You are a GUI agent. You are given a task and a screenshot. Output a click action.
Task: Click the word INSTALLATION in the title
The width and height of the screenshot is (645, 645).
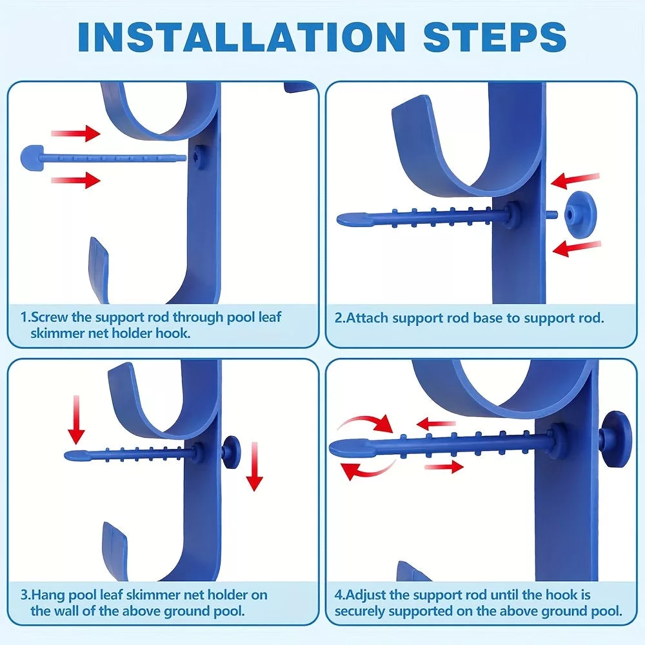click(x=241, y=37)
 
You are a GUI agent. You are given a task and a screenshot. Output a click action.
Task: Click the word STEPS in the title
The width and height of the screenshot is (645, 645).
click(x=495, y=37)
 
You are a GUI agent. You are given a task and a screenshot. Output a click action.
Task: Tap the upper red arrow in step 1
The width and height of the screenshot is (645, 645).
click(x=75, y=134)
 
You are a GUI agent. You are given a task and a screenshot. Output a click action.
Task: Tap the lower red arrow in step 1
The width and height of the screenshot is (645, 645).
click(x=75, y=180)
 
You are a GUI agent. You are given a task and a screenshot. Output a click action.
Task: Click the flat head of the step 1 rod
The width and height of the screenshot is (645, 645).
click(x=32, y=157)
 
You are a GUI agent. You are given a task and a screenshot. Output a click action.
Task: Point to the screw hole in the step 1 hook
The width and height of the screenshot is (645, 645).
click(x=200, y=156)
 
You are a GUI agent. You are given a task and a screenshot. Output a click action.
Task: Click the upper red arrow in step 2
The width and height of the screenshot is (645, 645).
click(x=575, y=181)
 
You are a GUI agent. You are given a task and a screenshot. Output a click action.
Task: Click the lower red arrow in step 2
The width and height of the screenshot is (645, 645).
click(x=577, y=248)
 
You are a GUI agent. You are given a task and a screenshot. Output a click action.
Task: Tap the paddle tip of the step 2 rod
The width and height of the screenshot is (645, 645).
click(x=354, y=219)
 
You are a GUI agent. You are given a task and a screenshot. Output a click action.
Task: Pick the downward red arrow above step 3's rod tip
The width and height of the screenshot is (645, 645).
click(x=76, y=420)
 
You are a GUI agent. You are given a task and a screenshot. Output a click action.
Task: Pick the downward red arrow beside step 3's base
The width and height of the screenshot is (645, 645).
click(x=254, y=466)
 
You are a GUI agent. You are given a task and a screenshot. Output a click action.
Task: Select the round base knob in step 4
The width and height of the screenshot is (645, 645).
click(x=615, y=439)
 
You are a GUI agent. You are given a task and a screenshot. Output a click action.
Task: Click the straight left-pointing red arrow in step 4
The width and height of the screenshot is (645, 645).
click(x=435, y=423)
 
